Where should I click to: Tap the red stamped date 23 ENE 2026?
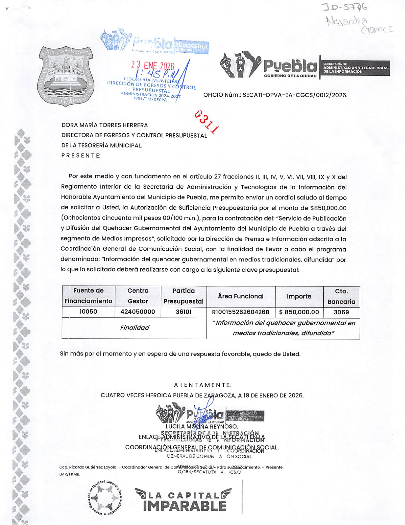click(153, 66)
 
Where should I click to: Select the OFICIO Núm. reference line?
click(275, 95)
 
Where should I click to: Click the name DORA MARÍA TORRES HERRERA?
click(105, 125)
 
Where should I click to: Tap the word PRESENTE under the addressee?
click(81, 155)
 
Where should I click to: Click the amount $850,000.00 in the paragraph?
click(328, 208)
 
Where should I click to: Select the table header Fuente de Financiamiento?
click(88, 296)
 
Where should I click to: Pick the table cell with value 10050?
click(88, 312)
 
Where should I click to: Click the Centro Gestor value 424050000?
click(138, 312)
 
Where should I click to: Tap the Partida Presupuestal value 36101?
click(184, 312)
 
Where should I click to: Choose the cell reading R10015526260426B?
click(241, 312)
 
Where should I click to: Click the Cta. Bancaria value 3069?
click(341, 312)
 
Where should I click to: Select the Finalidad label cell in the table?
click(134, 328)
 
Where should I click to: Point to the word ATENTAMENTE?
click(202, 385)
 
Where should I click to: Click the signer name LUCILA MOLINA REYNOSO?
click(202, 426)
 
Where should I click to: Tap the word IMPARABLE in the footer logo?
click(185, 506)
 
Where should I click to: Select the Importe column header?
click(299, 296)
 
